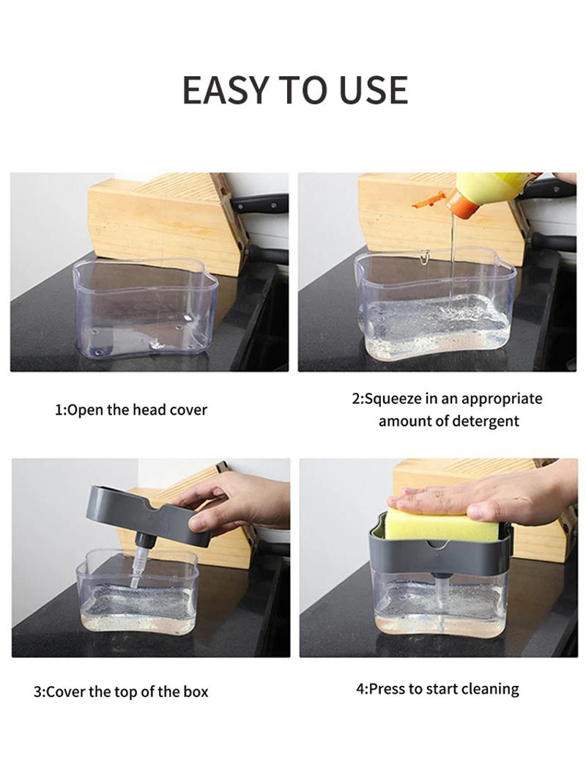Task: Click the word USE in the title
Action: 373,90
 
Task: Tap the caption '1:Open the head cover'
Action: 131,410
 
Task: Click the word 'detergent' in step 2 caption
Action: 485,421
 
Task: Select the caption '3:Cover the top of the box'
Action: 121,691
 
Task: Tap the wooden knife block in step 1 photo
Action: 176,220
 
